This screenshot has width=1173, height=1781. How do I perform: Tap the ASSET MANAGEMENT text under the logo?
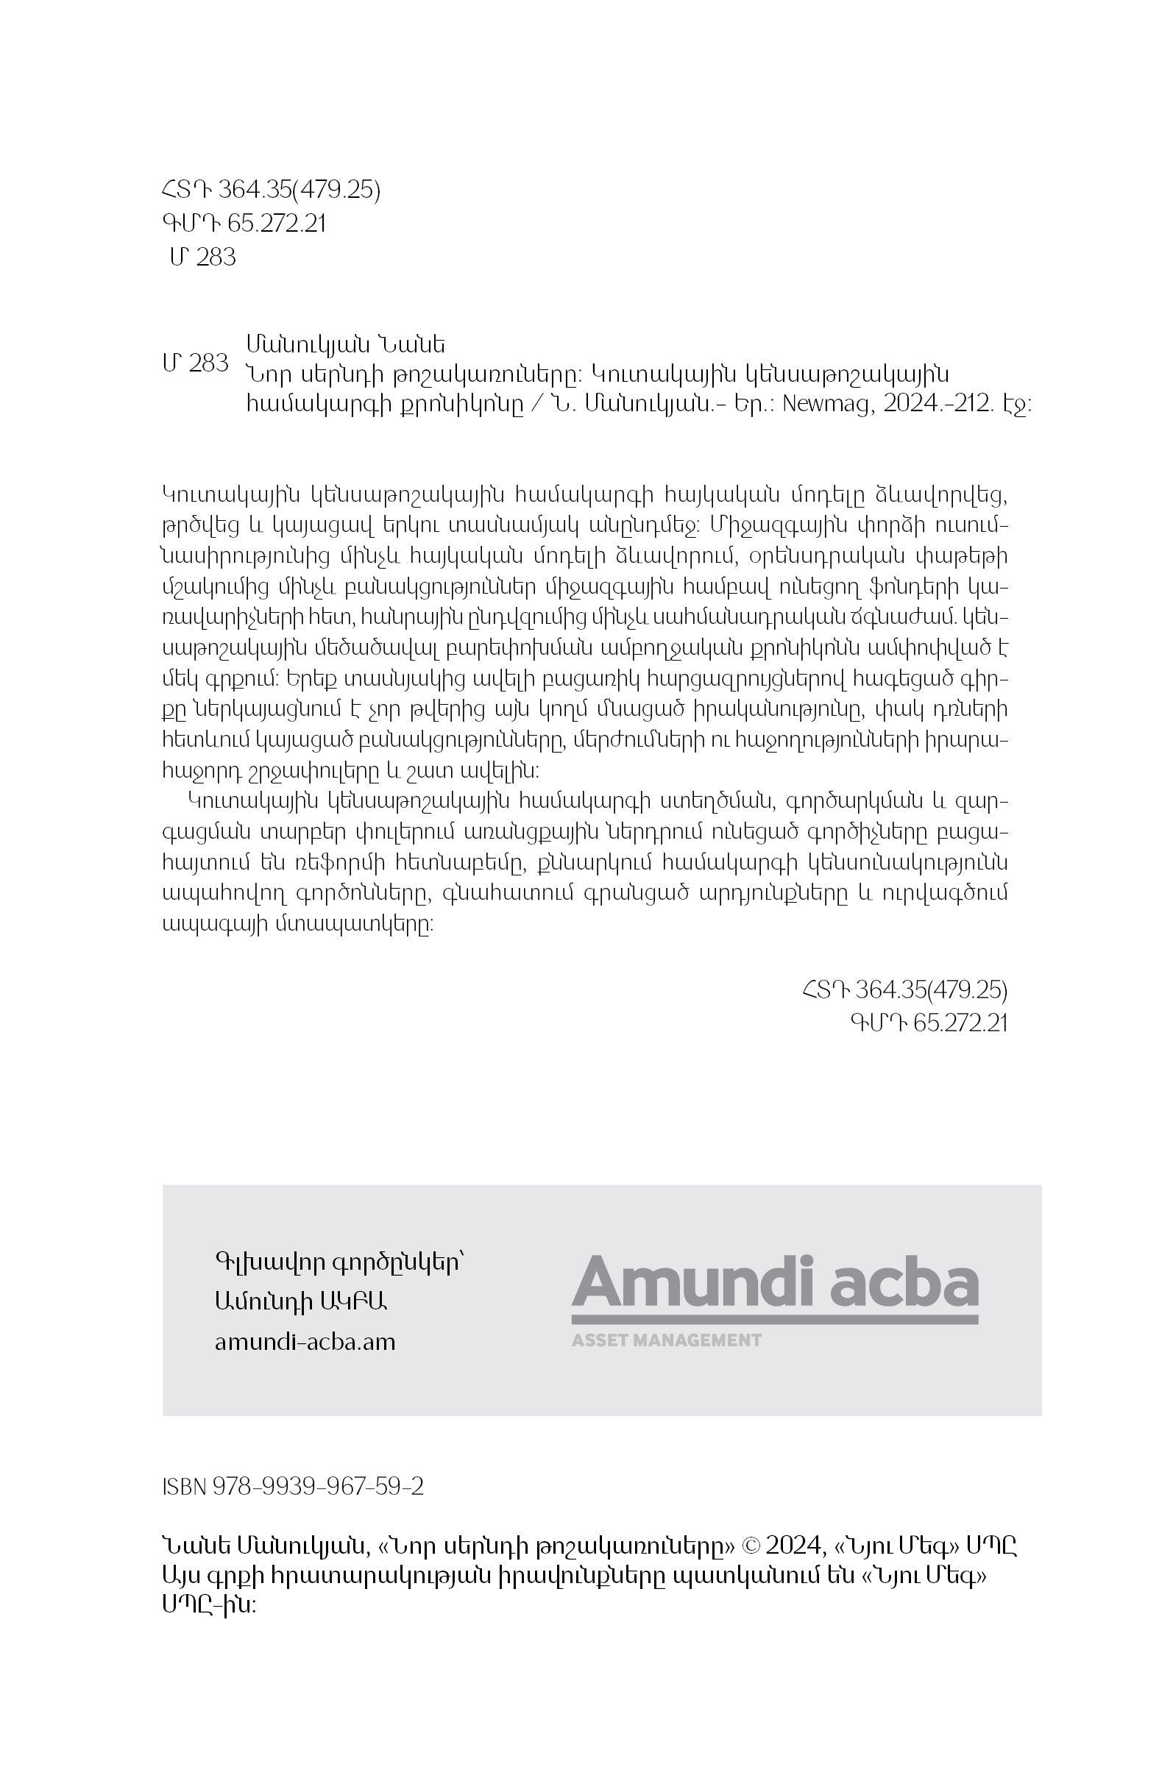666,1340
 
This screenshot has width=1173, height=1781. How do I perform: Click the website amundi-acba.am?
305,1342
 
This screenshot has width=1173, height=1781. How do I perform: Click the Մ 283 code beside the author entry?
195,363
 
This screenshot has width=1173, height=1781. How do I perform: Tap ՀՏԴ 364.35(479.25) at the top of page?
270,191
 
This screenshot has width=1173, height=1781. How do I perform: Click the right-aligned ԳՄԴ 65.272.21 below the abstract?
928,1023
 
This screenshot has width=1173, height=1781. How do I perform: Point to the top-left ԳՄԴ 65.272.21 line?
244,224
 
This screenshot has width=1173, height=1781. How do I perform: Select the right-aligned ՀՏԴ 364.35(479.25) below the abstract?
904,990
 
